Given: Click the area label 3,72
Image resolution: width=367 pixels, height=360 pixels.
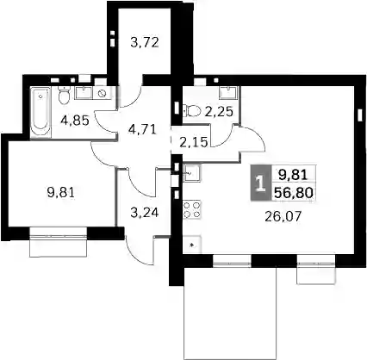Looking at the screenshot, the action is pyautogui.click(x=145, y=43).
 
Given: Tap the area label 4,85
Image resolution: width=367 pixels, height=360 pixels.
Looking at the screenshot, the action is pyautogui.click(x=75, y=121).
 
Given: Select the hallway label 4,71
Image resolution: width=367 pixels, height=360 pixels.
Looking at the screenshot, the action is pyautogui.click(x=142, y=129).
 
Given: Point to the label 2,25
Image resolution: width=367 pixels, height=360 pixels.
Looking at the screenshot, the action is pyautogui.click(x=219, y=112).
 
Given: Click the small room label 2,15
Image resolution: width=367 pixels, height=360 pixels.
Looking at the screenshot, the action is pyautogui.click(x=193, y=142).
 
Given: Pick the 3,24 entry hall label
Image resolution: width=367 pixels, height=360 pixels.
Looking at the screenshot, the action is pyautogui.click(x=145, y=213).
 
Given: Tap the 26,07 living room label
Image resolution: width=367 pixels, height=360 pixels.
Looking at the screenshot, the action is pyautogui.click(x=283, y=216).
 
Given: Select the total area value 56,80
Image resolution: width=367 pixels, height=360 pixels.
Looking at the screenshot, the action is pyautogui.click(x=293, y=193).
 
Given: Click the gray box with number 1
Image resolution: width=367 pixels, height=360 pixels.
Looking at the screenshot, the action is pyautogui.click(x=260, y=183).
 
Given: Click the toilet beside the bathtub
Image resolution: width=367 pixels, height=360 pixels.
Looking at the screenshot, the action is pyautogui.click(x=64, y=95).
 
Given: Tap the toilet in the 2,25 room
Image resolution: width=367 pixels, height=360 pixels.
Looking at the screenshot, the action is pyautogui.click(x=192, y=110).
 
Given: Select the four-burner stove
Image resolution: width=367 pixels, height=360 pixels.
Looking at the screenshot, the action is pyautogui.click(x=192, y=209).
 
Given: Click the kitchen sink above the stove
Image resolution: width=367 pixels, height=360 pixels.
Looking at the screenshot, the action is pyautogui.click(x=192, y=173).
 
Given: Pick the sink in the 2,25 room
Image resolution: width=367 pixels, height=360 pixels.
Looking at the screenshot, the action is pyautogui.click(x=228, y=93).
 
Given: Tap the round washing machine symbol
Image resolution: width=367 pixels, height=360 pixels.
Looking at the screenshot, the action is pyautogui.click(x=102, y=93).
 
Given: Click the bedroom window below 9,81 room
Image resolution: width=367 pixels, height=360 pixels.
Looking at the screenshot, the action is pyautogui.click(x=59, y=242).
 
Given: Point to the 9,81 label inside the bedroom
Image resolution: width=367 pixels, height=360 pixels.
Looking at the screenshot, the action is pyautogui.click(x=60, y=192).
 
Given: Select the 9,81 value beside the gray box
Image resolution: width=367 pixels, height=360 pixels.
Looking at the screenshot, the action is pyautogui.click(x=293, y=175).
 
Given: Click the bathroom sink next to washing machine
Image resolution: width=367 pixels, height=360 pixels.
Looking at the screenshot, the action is pyautogui.click(x=84, y=93).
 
